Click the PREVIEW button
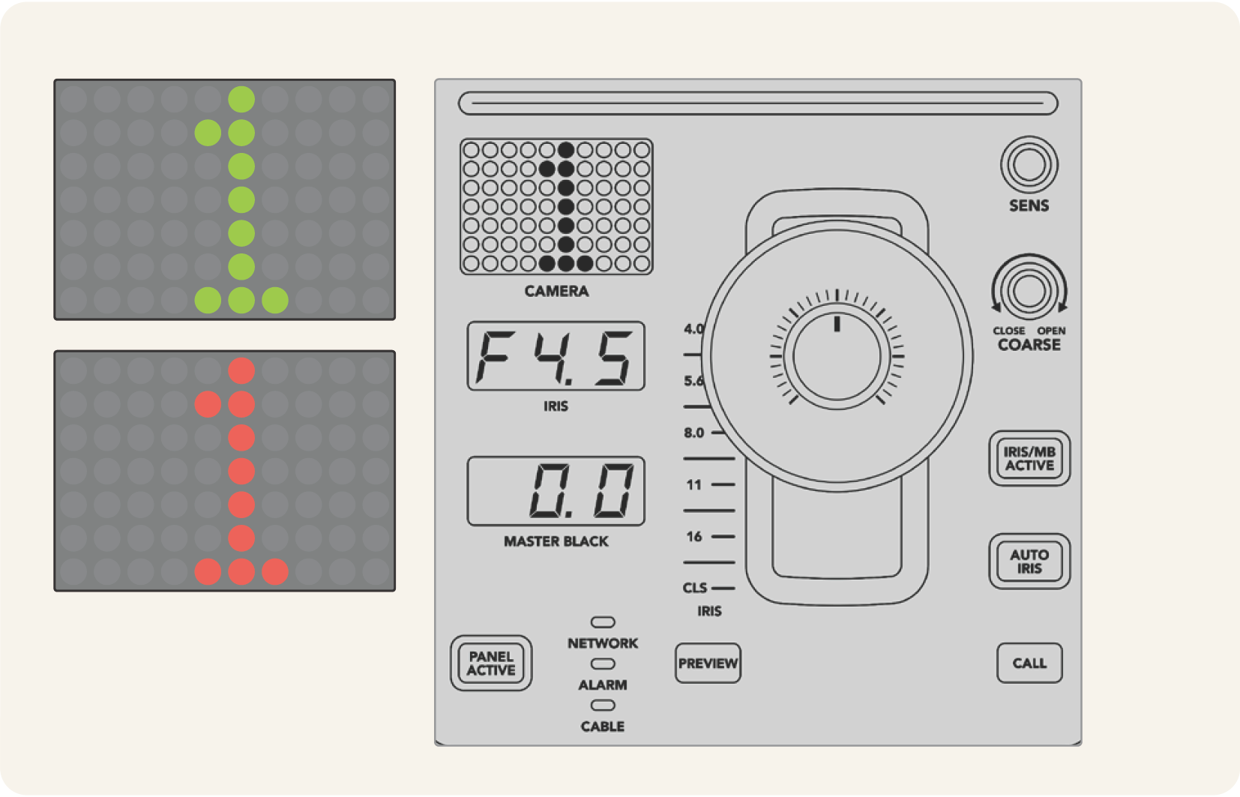point(708,664)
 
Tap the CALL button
point(1029,663)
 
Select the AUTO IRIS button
point(1029,562)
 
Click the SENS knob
point(1029,164)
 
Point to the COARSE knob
point(1029,291)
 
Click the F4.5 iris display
point(556,356)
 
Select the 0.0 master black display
point(556,491)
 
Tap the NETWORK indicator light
point(603,622)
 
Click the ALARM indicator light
point(603,664)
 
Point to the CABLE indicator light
point(603,706)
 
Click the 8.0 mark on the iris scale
point(694,433)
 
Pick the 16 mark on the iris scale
point(694,537)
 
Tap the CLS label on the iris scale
point(695,588)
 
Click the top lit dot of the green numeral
point(241,99)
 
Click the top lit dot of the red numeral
point(241,370)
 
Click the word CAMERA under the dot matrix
point(556,292)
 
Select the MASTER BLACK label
point(556,541)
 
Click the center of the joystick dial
point(837,357)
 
